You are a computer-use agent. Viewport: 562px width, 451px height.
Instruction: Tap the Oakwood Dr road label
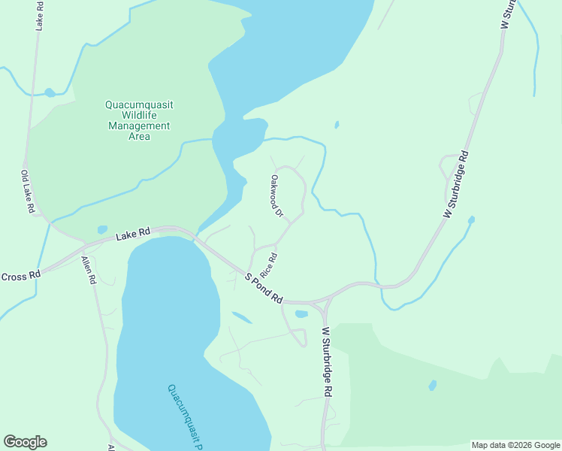[276, 197]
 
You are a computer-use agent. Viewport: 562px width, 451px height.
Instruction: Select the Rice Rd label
[269, 263]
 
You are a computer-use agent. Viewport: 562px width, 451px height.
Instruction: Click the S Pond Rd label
[264, 288]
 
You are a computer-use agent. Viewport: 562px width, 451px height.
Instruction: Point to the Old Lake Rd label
[28, 193]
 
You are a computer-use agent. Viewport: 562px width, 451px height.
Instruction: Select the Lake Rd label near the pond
[133, 235]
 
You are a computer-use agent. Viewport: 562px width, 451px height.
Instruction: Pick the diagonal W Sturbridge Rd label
[456, 185]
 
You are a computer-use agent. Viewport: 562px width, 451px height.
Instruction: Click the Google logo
[25, 442]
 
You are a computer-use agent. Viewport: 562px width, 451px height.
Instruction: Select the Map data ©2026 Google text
[515, 445]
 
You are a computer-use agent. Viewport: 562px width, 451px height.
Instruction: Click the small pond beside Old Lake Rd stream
[50, 93]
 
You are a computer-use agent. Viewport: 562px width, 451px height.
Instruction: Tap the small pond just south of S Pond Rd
[301, 313]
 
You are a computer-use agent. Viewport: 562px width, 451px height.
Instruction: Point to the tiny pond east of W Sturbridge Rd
[471, 220]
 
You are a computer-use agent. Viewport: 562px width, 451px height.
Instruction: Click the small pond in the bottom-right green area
[433, 386]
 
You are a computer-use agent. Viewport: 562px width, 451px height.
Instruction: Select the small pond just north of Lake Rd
[102, 230]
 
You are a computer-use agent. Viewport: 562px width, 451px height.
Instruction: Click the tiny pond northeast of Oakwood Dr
[337, 125]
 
